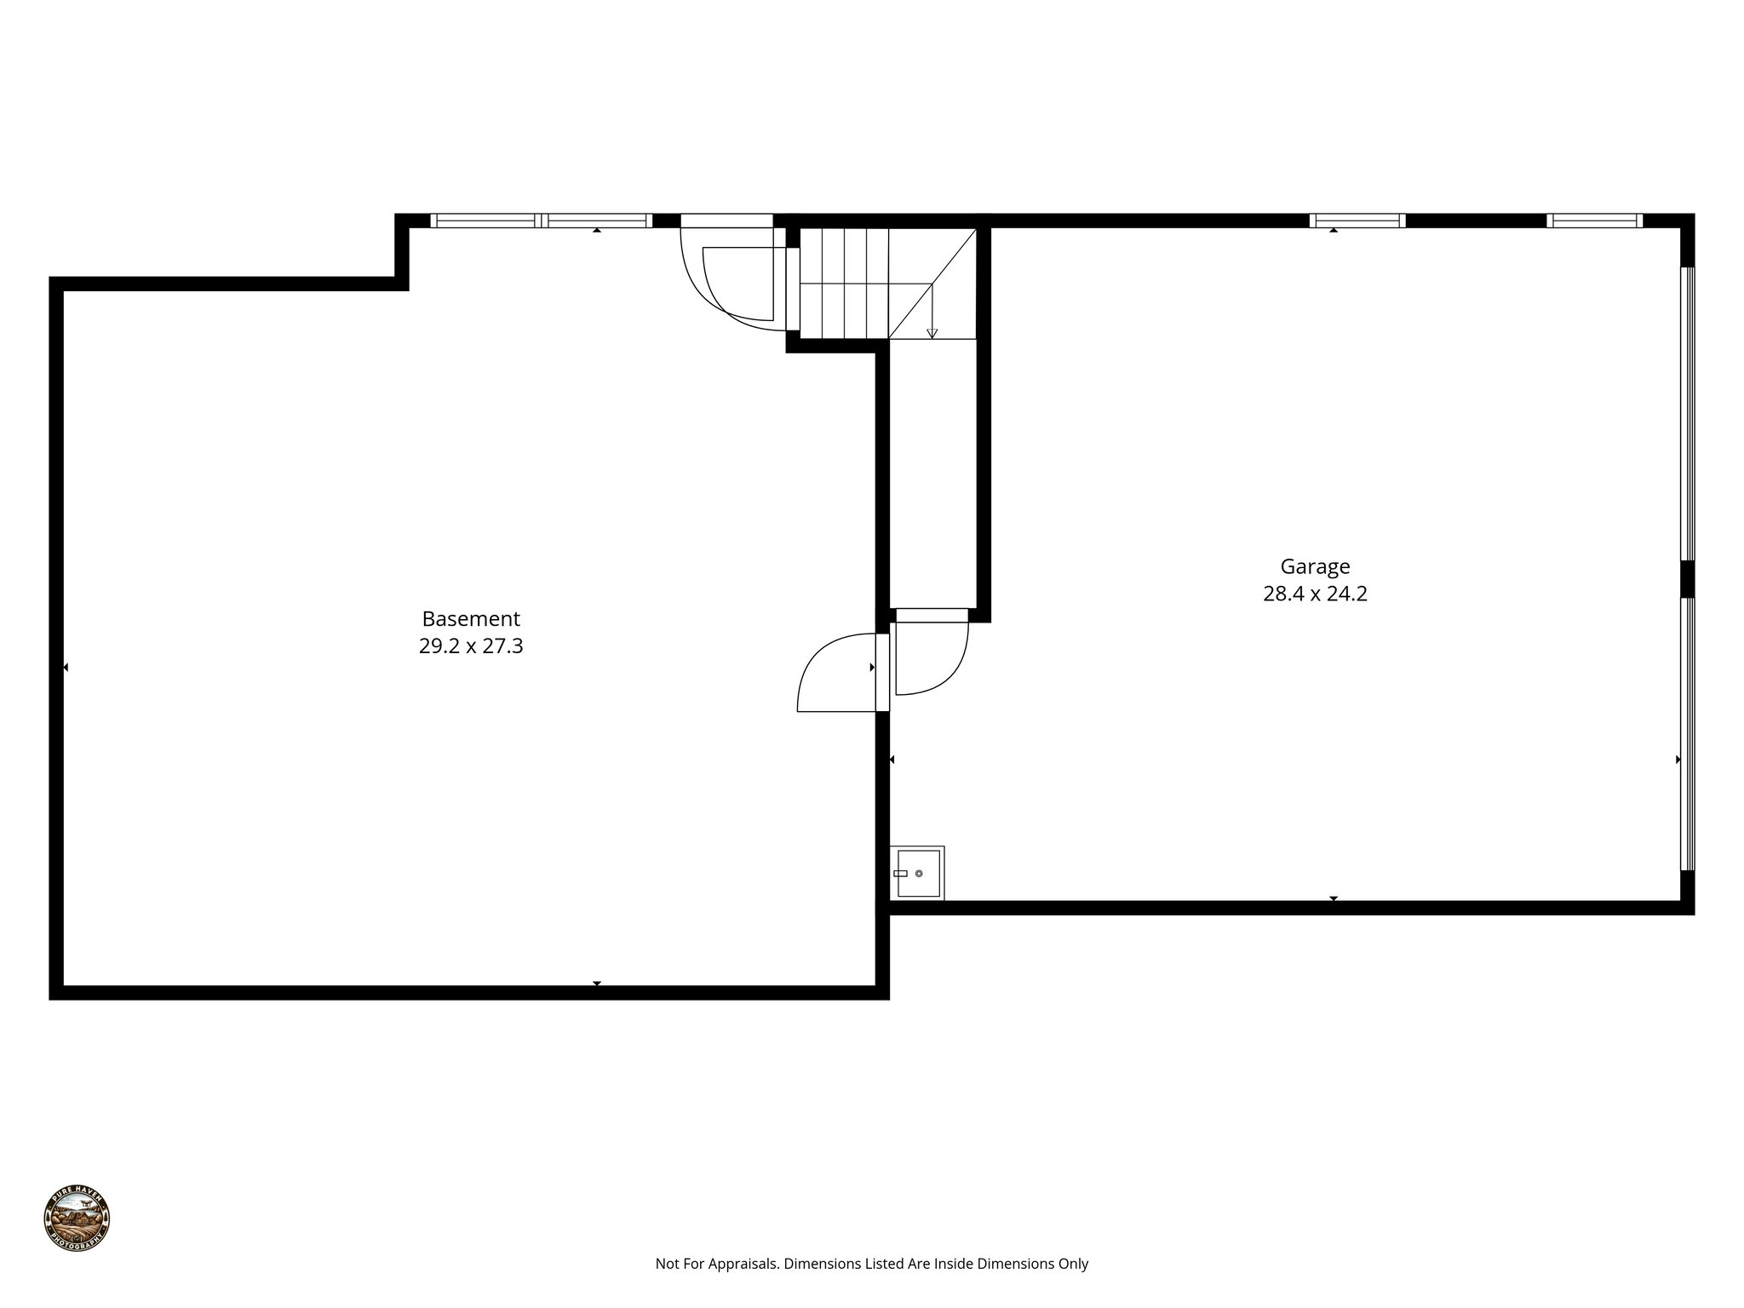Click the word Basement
click(470, 619)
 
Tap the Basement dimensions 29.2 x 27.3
click(470, 646)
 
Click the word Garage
click(1315, 567)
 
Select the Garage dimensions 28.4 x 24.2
click(1315, 594)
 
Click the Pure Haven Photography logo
click(77, 1218)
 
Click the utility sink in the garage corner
click(917, 873)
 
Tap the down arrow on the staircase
click(932, 333)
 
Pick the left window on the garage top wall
click(1357, 221)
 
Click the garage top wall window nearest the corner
click(1594, 221)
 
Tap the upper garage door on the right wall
click(1687, 414)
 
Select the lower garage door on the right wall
click(1687, 733)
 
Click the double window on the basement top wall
click(542, 221)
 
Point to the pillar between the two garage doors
click(1687, 579)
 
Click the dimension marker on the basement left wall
click(66, 668)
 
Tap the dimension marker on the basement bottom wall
click(597, 984)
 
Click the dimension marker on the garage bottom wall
click(1334, 898)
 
